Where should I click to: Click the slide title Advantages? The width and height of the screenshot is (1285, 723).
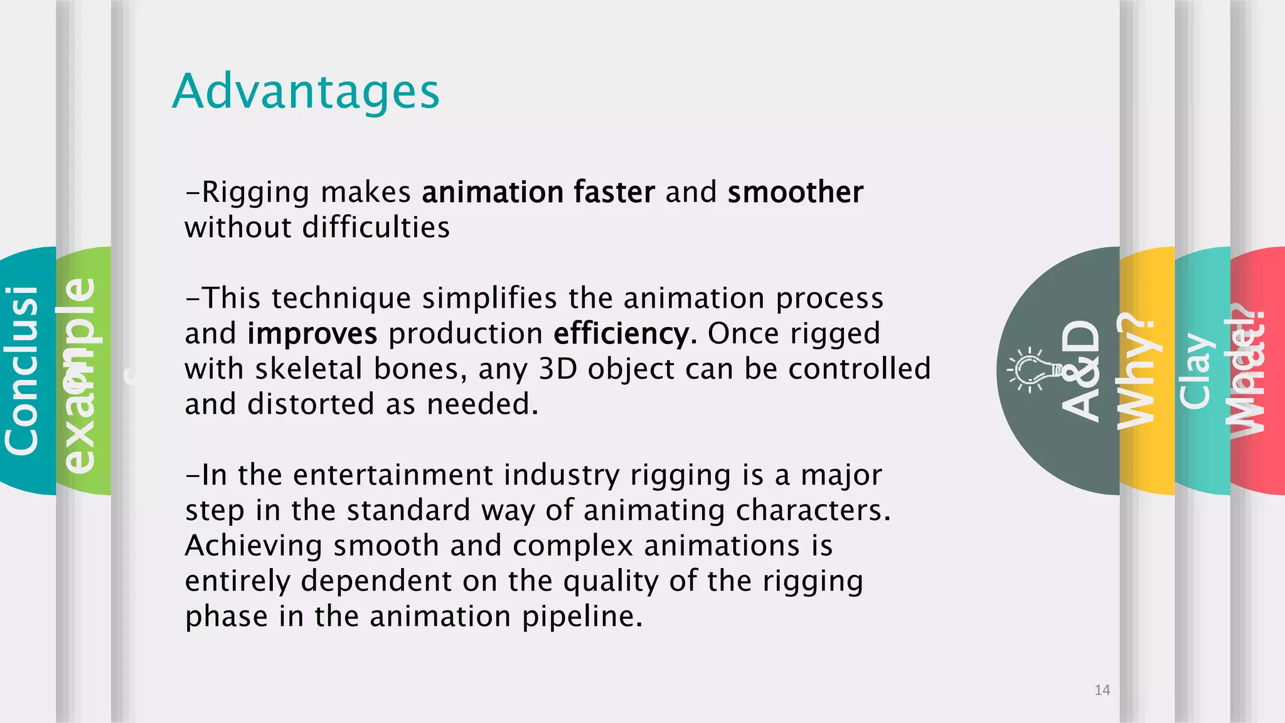coord(306,92)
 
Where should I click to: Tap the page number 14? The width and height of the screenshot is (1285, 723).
coord(1102,690)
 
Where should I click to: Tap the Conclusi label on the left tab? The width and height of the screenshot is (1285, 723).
coord(22,370)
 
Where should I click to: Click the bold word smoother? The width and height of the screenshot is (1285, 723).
coord(795,192)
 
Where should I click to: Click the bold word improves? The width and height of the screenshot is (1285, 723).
coord(312,334)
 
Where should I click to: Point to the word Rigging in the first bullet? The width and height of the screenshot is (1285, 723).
coord(255,193)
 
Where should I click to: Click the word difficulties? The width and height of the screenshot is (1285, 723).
coord(376,227)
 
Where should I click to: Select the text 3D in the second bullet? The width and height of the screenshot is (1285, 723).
coord(558,369)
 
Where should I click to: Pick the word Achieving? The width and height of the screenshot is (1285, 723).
coord(253,546)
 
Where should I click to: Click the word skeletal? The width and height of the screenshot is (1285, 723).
coord(309,369)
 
